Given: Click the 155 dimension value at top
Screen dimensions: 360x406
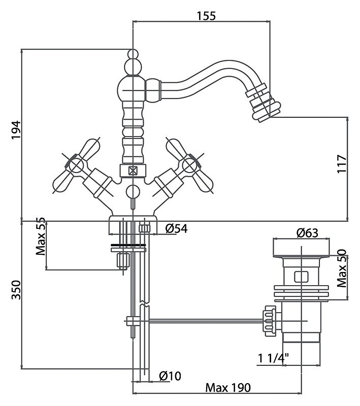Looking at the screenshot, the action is pyautogui.click(x=206, y=16).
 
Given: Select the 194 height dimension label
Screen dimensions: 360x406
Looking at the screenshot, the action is pyautogui.click(x=16, y=130).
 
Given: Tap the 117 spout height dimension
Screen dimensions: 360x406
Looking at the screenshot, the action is pyautogui.click(x=342, y=164).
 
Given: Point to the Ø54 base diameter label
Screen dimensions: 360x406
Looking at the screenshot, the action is pyautogui.click(x=176, y=229).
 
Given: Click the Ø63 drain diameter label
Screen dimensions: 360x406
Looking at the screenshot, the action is pyautogui.click(x=307, y=233).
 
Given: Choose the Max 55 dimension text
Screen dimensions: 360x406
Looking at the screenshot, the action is pyautogui.click(x=41, y=236).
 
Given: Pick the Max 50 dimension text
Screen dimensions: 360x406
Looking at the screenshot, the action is pyautogui.click(x=342, y=268).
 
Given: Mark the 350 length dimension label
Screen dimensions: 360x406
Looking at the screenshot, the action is pyautogui.click(x=16, y=290).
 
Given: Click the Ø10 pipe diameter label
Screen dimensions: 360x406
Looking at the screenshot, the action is pyautogui.click(x=170, y=376).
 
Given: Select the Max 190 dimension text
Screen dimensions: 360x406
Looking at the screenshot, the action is pyautogui.click(x=228, y=388).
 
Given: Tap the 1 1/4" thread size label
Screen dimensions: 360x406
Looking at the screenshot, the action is pyautogui.click(x=273, y=358).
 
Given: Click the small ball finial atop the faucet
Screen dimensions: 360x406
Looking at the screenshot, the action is pyautogui.click(x=133, y=54).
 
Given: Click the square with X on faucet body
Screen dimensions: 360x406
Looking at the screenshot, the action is pyautogui.click(x=133, y=171).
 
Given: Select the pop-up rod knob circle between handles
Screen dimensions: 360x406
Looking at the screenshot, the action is pyautogui.click(x=133, y=192).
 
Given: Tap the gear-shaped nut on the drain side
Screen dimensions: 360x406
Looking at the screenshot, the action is pyautogui.click(x=269, y=321).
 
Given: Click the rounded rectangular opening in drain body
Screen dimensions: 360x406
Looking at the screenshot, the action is pyautogui.click(x=301, y=277).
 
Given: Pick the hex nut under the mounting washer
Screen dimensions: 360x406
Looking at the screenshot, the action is pyautogui.click(x=123, y=260).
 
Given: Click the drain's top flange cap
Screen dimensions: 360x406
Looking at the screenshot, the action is pyautogui.click(x=301, y=248).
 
